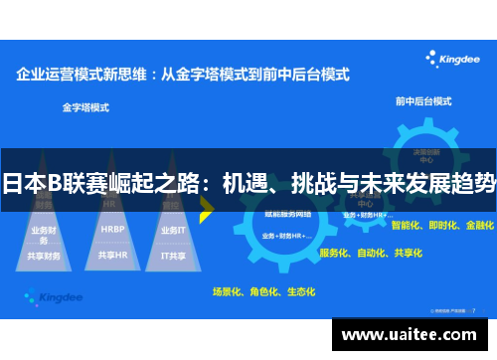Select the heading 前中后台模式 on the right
tap(422, 101)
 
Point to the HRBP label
tap(112, 228)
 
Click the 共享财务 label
tap(44, 256)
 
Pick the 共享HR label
tap(112, 255)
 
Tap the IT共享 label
tap(173, 255)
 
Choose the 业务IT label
tap(173, 230)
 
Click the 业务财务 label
tap(44, 234)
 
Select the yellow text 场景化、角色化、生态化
tap(263, 291)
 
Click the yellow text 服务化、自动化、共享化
tap(371, 254)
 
